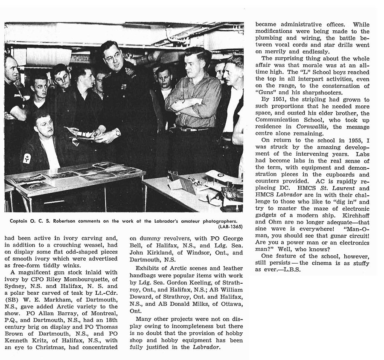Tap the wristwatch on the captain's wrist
tap(117, 133)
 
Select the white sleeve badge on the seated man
tap(27, 158)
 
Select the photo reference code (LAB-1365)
tap(229, 227)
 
